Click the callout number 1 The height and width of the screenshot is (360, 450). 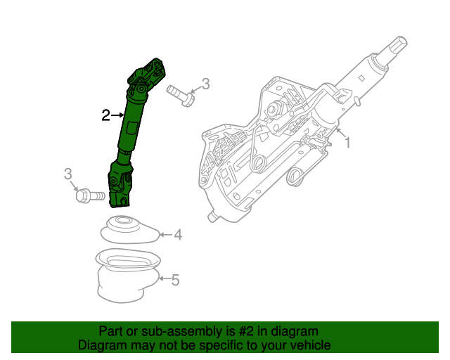tap(347, 143)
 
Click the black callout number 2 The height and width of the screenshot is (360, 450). tap(105, 115)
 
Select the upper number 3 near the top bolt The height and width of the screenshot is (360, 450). tap(205, 84)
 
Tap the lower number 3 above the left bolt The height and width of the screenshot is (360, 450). tap(68, 174)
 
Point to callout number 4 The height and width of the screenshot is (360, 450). tap(178, 234)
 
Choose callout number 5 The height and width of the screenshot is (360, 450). tap(175, 281)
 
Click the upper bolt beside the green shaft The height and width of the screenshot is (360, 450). tap(181, 96)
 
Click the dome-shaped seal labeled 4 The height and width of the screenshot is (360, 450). tap(129, 231)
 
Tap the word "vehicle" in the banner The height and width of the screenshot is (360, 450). tap(309, 345)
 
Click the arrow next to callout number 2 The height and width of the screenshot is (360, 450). tap(117, 115)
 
